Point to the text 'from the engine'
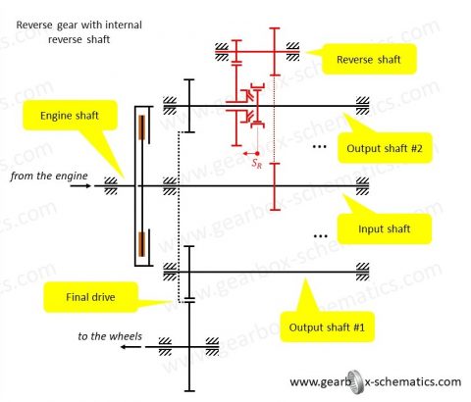[x=50, y=176]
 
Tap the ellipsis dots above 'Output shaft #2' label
[x=319, y=146]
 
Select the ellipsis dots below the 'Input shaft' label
[x=319, y=237]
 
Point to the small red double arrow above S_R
[x=252, y=153]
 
